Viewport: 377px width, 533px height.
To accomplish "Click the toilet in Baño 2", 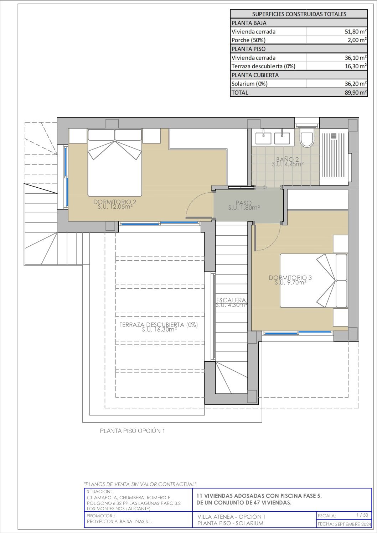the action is coord(306,140).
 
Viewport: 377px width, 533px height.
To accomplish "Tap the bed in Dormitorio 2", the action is coord(115,162).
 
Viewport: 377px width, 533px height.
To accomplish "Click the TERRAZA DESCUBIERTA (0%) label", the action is coord(159,325).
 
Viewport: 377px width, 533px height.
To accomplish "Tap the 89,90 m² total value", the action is coord(356,93).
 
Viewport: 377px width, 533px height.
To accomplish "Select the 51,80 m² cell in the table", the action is coord(356,31).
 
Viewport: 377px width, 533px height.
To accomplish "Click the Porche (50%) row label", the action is coord(248,40).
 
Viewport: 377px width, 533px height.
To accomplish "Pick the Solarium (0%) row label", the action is coord(249,84).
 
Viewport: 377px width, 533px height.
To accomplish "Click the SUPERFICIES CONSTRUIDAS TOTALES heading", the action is coord(299,14).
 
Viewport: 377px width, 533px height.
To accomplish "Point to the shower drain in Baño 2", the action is coord(334,136).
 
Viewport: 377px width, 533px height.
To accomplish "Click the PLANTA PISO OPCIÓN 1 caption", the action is coord(133,431).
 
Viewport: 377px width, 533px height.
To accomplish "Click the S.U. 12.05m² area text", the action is coord(115,207).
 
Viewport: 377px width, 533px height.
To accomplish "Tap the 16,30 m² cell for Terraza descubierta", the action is coord(356,66).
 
